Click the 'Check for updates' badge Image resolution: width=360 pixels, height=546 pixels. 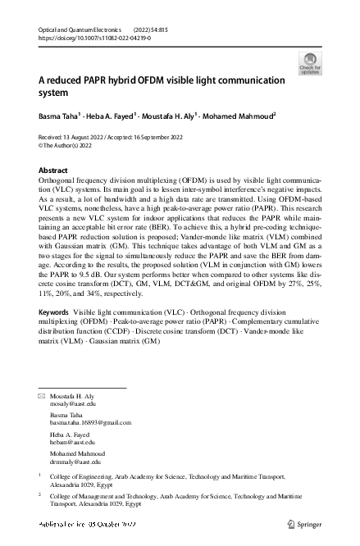[x=311, y=62]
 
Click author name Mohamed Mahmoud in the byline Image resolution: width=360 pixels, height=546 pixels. [x=244, y=117]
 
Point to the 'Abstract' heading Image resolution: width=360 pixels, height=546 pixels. [x=54, y=170]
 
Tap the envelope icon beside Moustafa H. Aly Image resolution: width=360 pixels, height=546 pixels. [x=43, y=396]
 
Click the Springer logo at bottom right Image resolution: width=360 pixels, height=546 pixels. [x=303, y=522]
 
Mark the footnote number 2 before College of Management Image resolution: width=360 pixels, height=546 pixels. [x=40, y=495]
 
